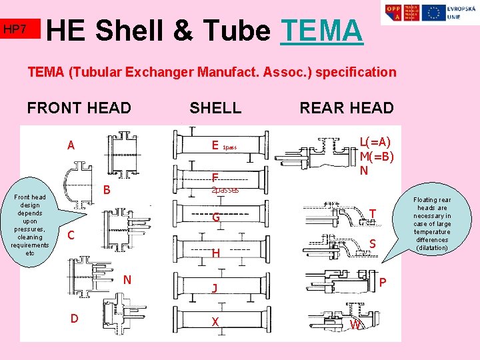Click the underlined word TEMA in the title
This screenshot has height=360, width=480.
click(322, 30)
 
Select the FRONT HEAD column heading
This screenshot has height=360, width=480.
click(79, 107)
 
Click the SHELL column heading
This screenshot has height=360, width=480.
click(215, 107)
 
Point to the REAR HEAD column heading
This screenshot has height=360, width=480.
click(347, 107)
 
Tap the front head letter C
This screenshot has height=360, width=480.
click(71, 235)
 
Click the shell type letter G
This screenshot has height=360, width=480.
click(216, 217)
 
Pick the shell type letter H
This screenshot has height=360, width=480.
click(215, 253)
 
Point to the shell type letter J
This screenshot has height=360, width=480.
click(214, 288)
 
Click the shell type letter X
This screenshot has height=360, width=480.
click(215, 322)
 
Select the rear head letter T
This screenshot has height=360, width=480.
click(373, 213)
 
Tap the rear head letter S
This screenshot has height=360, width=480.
click(372, 245)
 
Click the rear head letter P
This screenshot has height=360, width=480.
click(382, 283)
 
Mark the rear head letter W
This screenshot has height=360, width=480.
click(357, 325)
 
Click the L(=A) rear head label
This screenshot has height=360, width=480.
click(375, 142)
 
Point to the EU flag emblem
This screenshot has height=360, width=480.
click(433, 12)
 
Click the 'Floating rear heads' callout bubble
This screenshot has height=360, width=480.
click(431, 223)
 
